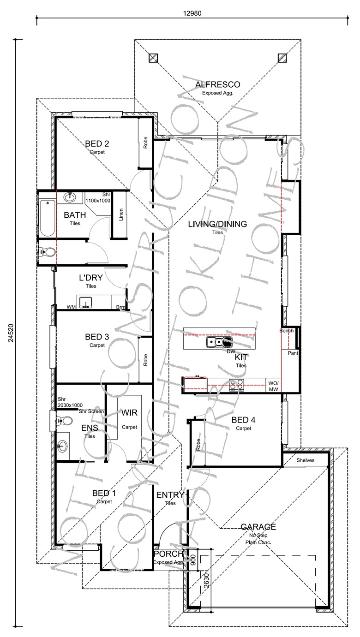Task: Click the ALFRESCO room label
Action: click(217, 84)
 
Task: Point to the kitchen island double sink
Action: click(220, 342)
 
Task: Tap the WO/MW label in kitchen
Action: click(273, 386)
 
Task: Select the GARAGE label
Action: click(258, 527)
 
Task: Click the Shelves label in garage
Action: click(306, 460)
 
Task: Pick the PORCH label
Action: click(168, 554)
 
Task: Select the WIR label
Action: click(129, 412)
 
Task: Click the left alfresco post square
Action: click(154, 58)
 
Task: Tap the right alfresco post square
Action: click(282, 58)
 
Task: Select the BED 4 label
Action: click(243, 420)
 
